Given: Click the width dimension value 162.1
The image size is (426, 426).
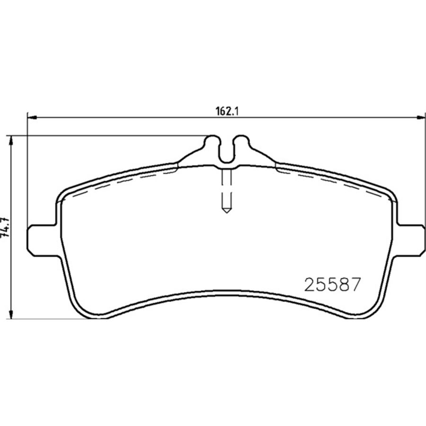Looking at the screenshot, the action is (x=227, y=111).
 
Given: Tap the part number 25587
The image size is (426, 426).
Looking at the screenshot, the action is (x=332, y=285).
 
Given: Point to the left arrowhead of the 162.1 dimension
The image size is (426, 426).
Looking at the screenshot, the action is (x=32, y=117).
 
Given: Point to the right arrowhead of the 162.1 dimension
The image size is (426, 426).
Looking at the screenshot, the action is (x=421, y=117).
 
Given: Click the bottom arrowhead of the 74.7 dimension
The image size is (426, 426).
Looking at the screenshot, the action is (x=11, y=314).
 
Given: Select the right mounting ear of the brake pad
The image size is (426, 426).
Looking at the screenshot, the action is (x=410, y=240).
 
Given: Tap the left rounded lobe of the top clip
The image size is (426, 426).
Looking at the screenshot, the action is (x=212, y=142).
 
